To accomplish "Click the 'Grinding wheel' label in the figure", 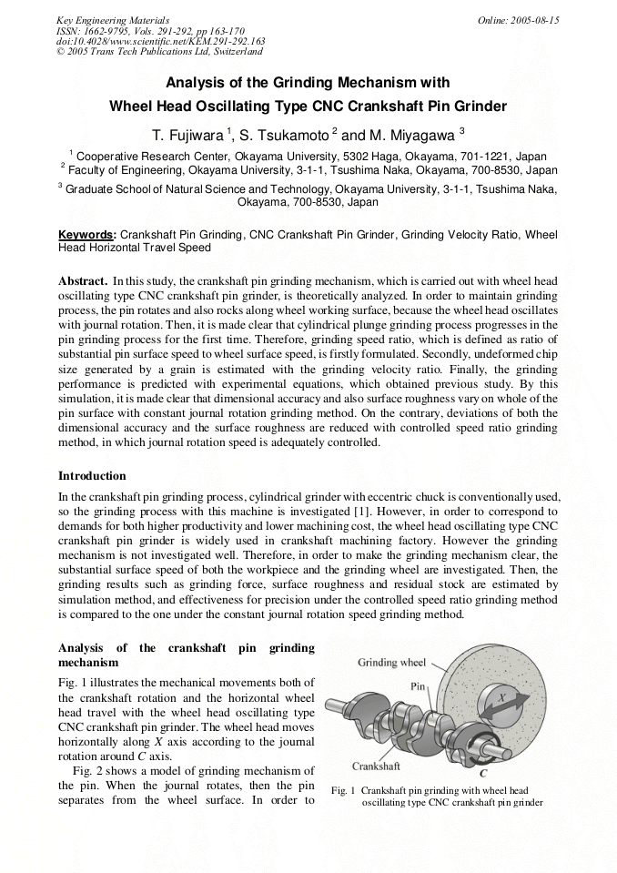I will coord(392,662).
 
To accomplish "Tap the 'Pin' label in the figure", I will coord(419,685).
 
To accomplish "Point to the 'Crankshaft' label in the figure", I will coord(377,766).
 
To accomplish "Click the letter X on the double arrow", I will coord(499,696).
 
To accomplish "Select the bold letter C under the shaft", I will coord(483,774).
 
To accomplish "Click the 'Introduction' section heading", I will coord(92,475).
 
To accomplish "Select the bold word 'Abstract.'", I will coord(84,280).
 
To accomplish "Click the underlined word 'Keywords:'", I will coord(87,234).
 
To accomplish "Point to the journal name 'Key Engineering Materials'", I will coord(113,20).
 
